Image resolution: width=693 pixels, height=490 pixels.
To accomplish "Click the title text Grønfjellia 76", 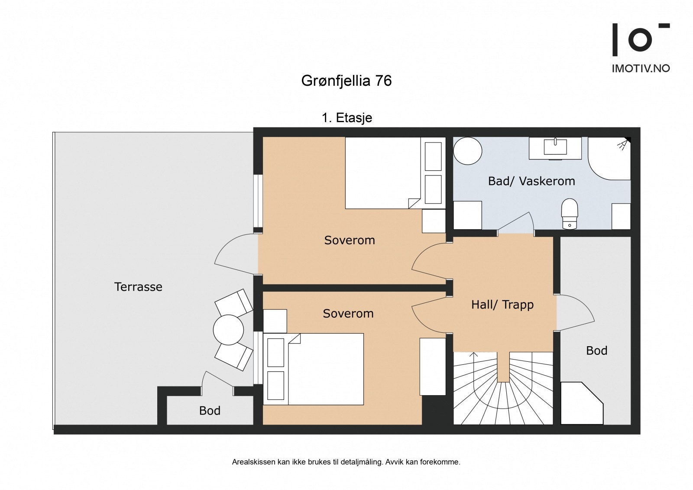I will (x=346, y=81).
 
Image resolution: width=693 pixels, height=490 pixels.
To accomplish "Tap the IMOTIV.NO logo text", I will (x=640, y=68).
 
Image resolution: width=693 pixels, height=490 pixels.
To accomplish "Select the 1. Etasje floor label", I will (x=346, y=118).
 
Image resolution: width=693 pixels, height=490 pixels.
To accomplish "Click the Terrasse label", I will (x=138, y=287).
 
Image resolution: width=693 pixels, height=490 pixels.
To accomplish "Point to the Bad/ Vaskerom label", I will (x=531, y=181).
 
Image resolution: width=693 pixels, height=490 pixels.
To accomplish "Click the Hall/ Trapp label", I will (x=502, y=305).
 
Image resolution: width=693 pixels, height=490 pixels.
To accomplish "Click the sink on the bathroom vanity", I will (x=555, y=146).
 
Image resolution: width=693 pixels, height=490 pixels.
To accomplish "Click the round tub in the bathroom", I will (x=467, y=151).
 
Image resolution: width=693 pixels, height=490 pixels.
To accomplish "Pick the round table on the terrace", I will (x=228, y=330).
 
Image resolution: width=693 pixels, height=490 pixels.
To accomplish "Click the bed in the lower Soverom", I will (x=325, y=369).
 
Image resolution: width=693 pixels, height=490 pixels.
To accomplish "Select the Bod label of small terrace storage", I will (x=210, y=411).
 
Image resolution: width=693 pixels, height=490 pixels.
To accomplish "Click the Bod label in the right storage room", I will (x=596, y=350).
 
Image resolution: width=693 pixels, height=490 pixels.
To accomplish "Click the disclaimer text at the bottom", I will (x=346, y=462).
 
